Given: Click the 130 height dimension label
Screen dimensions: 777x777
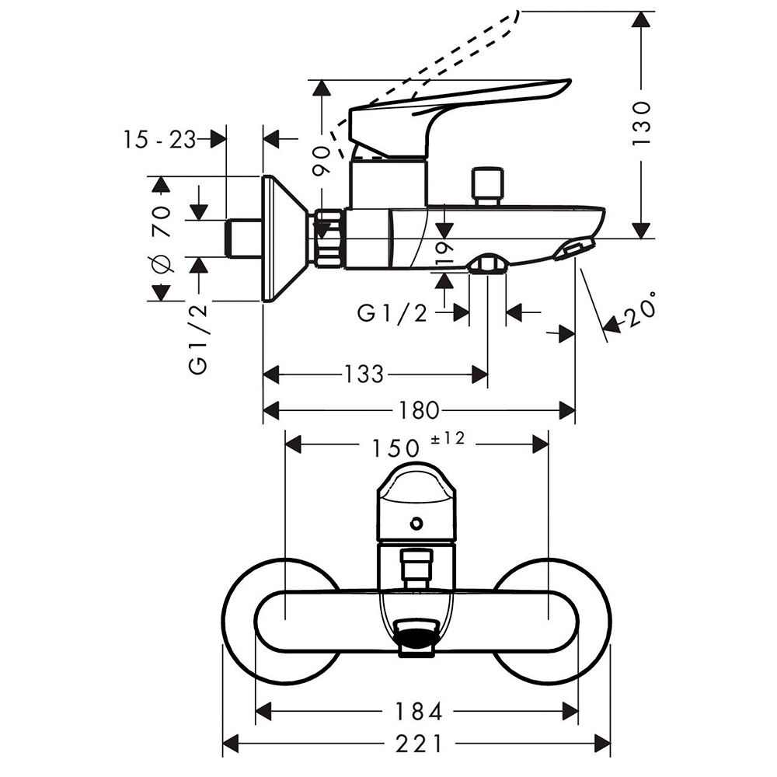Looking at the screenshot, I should click(x=641, y=123).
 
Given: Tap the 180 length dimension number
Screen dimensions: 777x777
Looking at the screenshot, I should click(x=420, y=409).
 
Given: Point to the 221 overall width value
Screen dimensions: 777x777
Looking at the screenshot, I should click(x=418, y=744).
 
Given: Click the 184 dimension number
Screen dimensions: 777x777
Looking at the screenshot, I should click(x=418, y=710).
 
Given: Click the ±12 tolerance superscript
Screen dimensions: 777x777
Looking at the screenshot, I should click(x=446, y=439).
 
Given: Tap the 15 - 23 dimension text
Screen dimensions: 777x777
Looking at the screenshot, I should click(x=159, y=139).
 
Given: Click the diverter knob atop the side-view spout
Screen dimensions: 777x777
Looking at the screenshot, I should click(x=487, y=183).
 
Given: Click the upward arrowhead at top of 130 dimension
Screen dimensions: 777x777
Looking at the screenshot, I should click(x=641, y=19).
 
